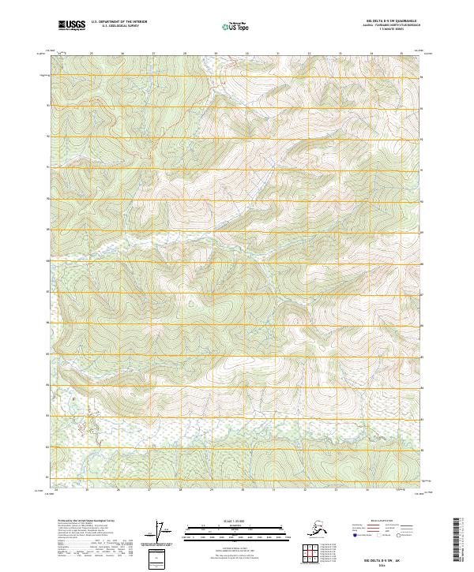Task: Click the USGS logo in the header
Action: click(73, 26)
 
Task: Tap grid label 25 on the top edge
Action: click(92, 54)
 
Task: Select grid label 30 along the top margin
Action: click(246, 54)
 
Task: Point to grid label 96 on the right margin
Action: click(422, 77)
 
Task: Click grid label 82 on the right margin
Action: click(422, 447)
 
